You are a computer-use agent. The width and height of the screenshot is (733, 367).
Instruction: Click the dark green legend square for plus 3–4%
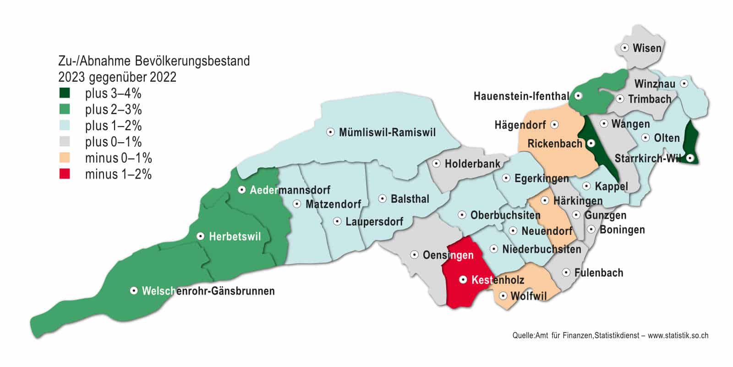point(65,94)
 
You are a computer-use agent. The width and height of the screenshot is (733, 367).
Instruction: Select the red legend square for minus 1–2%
point(65,174)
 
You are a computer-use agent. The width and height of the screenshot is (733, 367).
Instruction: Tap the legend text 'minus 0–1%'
point(118,158)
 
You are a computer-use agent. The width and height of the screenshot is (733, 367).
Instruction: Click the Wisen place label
point(647,48)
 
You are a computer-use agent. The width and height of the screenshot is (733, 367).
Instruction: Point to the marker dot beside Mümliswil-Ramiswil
point(330,132)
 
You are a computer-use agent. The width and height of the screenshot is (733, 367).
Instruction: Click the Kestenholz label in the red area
point(498,279)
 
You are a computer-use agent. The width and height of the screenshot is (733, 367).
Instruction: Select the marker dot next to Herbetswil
point(200,236)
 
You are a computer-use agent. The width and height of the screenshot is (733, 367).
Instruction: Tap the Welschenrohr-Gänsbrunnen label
point(208,291)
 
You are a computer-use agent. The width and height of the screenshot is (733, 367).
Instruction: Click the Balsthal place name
point(410,199)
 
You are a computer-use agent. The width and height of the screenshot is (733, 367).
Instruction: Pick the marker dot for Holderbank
point(436,163)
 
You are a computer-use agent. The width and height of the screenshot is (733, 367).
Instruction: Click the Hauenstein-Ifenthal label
point(521,96)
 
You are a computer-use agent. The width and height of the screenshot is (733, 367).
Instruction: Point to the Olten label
point(666,138)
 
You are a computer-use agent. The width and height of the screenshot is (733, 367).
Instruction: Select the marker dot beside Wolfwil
point(503,296)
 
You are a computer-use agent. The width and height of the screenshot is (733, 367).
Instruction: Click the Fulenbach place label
point(598,273)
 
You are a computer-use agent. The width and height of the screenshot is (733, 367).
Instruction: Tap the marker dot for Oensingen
point(414,255)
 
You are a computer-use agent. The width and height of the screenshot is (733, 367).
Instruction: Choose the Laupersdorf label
point(374,222)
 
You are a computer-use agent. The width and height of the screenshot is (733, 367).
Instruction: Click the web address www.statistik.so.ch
point(678,335)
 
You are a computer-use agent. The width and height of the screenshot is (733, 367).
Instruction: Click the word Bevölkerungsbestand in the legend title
point(192,61)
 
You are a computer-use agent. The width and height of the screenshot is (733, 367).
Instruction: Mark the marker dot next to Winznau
point(684,83)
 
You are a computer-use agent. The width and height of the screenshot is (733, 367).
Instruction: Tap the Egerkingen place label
point(541,178)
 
